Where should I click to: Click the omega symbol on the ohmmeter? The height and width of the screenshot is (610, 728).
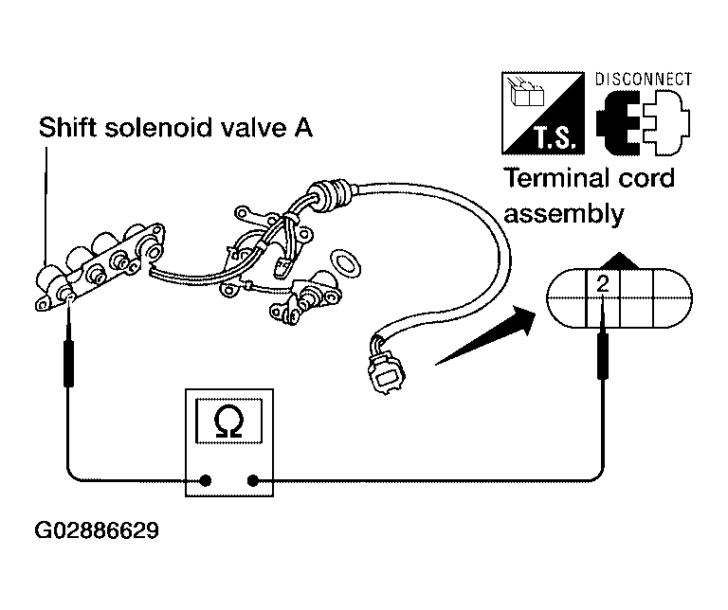point(228,422)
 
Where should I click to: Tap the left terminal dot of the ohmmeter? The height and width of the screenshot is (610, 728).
point(205,480)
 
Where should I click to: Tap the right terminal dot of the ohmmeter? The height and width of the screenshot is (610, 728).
point(253,480)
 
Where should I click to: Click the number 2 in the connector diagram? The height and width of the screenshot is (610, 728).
point(603,284)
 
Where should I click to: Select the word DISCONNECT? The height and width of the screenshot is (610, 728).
point(644,80)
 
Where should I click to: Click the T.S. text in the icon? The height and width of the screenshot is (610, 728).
point(555,137)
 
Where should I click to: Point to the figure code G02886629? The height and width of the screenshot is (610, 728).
point(97,530)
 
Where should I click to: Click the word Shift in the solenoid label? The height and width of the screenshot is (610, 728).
point(67,127)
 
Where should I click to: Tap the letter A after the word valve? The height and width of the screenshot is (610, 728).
point(303,128)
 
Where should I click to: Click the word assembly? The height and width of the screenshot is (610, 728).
point(564,214)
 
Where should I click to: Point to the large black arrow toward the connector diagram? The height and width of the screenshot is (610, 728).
point(485,335)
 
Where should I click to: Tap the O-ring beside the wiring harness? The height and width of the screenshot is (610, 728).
point(345,263)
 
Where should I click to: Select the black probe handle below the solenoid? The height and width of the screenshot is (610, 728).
point(68,363)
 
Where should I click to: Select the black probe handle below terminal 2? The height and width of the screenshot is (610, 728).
point(603,355)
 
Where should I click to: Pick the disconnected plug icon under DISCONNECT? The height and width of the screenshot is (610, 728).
point(643,122)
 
